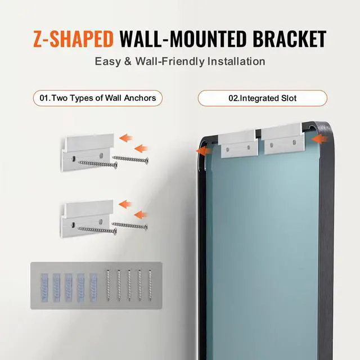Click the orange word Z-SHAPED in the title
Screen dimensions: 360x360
[x=74, y=39]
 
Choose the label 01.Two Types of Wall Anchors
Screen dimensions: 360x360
[x=94, y=98]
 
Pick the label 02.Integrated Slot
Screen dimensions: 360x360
[x=262, y=98]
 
